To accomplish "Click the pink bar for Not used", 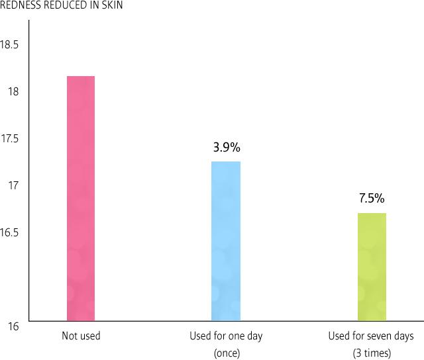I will point(81,199).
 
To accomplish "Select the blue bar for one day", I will point(226,242).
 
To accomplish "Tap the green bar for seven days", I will point(372,267).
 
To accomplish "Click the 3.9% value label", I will point(226,148).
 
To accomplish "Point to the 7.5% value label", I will point(372,199).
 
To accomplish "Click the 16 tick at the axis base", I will point(14,326).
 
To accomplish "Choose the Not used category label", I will point(81,336).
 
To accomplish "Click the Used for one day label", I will point(226,336).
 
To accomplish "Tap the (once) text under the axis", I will point(226,353).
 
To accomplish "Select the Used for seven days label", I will point(371,336).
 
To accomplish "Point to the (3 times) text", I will point(372,353).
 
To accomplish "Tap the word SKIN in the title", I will point(110,6).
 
